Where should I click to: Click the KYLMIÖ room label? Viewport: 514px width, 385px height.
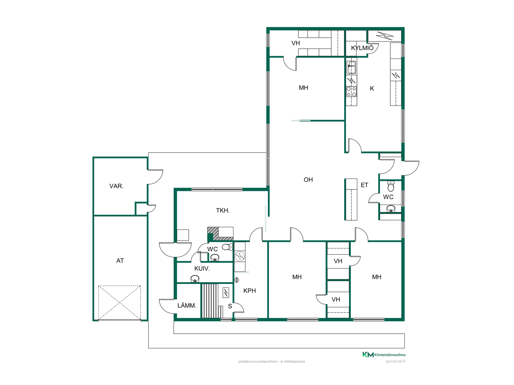(362, 48)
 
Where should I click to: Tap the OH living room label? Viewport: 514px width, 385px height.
(308, 180)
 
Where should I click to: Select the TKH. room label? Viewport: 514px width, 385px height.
(223, 210)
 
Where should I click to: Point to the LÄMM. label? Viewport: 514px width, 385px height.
(187, 305)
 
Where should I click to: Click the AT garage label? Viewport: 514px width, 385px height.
(120, 261)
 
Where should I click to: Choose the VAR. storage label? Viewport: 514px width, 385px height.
(116, 186)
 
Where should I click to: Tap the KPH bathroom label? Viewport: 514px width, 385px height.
(250, 291)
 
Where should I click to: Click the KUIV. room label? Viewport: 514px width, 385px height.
(202, 269)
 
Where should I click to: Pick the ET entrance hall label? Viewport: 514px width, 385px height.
(364, 185)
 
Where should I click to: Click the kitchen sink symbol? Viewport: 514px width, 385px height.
(352, 67)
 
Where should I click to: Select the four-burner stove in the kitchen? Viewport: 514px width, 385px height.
(352, 91)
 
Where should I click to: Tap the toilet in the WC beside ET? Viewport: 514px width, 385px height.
(391, 186)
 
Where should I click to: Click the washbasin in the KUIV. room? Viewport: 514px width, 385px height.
(195, 279)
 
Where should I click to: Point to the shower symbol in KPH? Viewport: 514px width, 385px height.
(237, 280)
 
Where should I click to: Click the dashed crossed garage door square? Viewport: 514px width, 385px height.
(120, 303)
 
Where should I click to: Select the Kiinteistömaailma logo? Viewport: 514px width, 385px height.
(384, 355)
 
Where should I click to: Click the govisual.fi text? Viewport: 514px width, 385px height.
(395, 361)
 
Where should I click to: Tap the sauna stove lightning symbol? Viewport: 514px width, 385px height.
(226, 293)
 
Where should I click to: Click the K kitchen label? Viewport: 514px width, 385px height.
(372, 88)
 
